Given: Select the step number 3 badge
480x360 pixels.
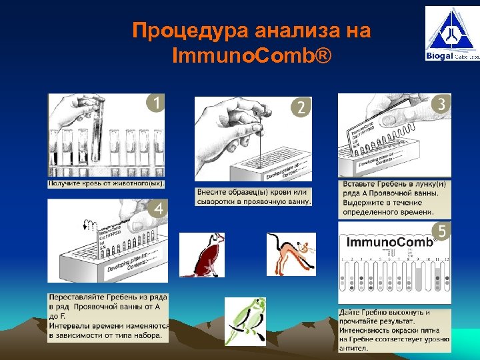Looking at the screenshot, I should click(441, 104).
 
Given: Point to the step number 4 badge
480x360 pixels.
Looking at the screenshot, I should click(159, 209).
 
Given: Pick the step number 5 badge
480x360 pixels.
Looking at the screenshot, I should click(441, 231).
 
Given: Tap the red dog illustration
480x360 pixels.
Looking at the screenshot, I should click(201, 255).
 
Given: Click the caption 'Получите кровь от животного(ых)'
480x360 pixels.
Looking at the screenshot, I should click(106, 183).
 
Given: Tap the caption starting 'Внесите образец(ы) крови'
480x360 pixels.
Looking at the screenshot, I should click(253, 197).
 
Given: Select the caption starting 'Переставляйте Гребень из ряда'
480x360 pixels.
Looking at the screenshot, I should click(107, 316).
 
